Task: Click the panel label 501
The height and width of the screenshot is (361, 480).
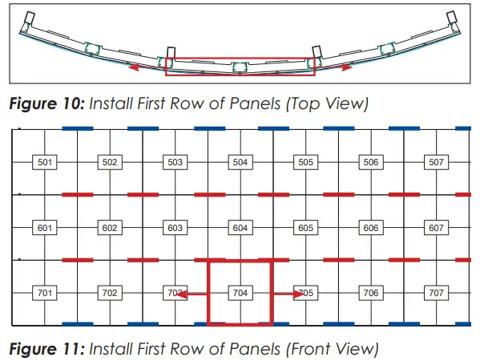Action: pyautogui.click(x=45, y=162)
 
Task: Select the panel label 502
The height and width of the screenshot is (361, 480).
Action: pyautogui.click(x=110, y=162)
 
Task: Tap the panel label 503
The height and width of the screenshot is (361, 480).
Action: pyautogui.click(x=175, y=162)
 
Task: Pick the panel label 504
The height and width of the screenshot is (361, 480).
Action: pyautogui.click(x=240, y=162)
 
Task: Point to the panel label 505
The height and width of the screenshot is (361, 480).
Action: pyautogui.click(x=305, y=162)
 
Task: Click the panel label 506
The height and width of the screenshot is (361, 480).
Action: pyautogui.click(x=371, y=162)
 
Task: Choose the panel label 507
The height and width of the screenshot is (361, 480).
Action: pyautogui.click(x=436, y=162)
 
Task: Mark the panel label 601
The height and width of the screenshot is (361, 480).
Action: pyautogui.click(x=45, y=228)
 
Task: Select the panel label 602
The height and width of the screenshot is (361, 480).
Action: pyautogui.click(x=110, y=228)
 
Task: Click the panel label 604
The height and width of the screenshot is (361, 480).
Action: pyautogui.click(x=240, y=228)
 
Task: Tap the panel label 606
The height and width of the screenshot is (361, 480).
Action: pyautogui.click(x=371, y=228)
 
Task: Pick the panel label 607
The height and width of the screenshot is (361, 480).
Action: pyautogui.click(x=436, y=228)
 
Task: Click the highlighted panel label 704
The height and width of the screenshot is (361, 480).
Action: pyautogui.click(x=240, y=293)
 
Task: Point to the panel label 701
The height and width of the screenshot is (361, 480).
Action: pyautogui.click(x=45, y=293)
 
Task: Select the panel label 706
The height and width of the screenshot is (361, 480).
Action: pyautogui.click(x=371, y=293)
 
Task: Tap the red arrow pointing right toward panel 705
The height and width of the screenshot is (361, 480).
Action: pyautogui.click(x=290, y=294)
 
